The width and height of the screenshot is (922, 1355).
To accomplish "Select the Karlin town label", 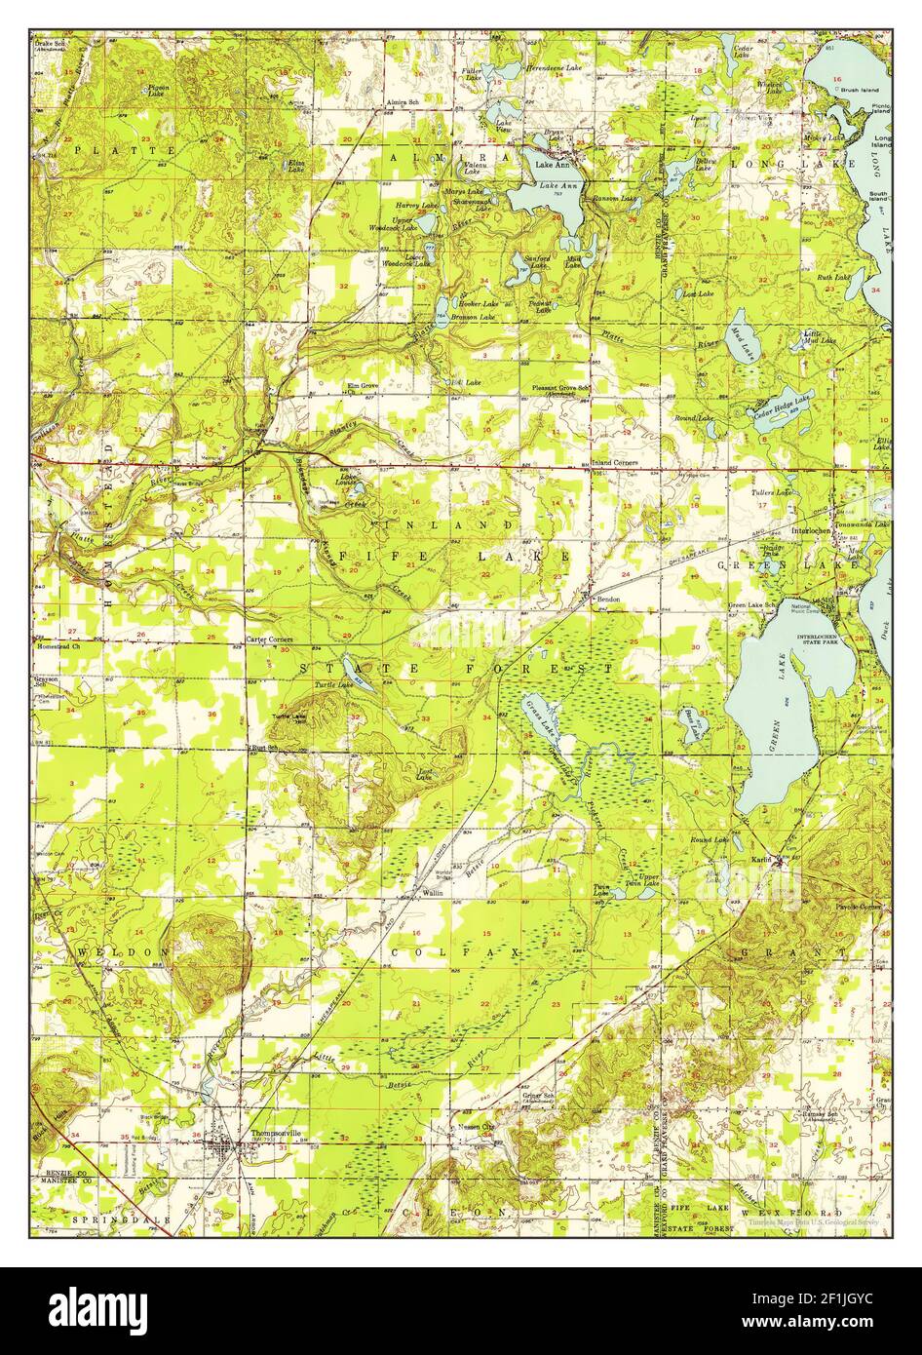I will coord(760,860).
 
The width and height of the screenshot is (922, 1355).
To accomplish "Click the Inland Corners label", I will coord(614,462).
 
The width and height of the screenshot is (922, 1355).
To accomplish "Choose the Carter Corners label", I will coord(269,640).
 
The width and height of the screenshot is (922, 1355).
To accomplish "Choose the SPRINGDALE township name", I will coord(115,1219).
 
